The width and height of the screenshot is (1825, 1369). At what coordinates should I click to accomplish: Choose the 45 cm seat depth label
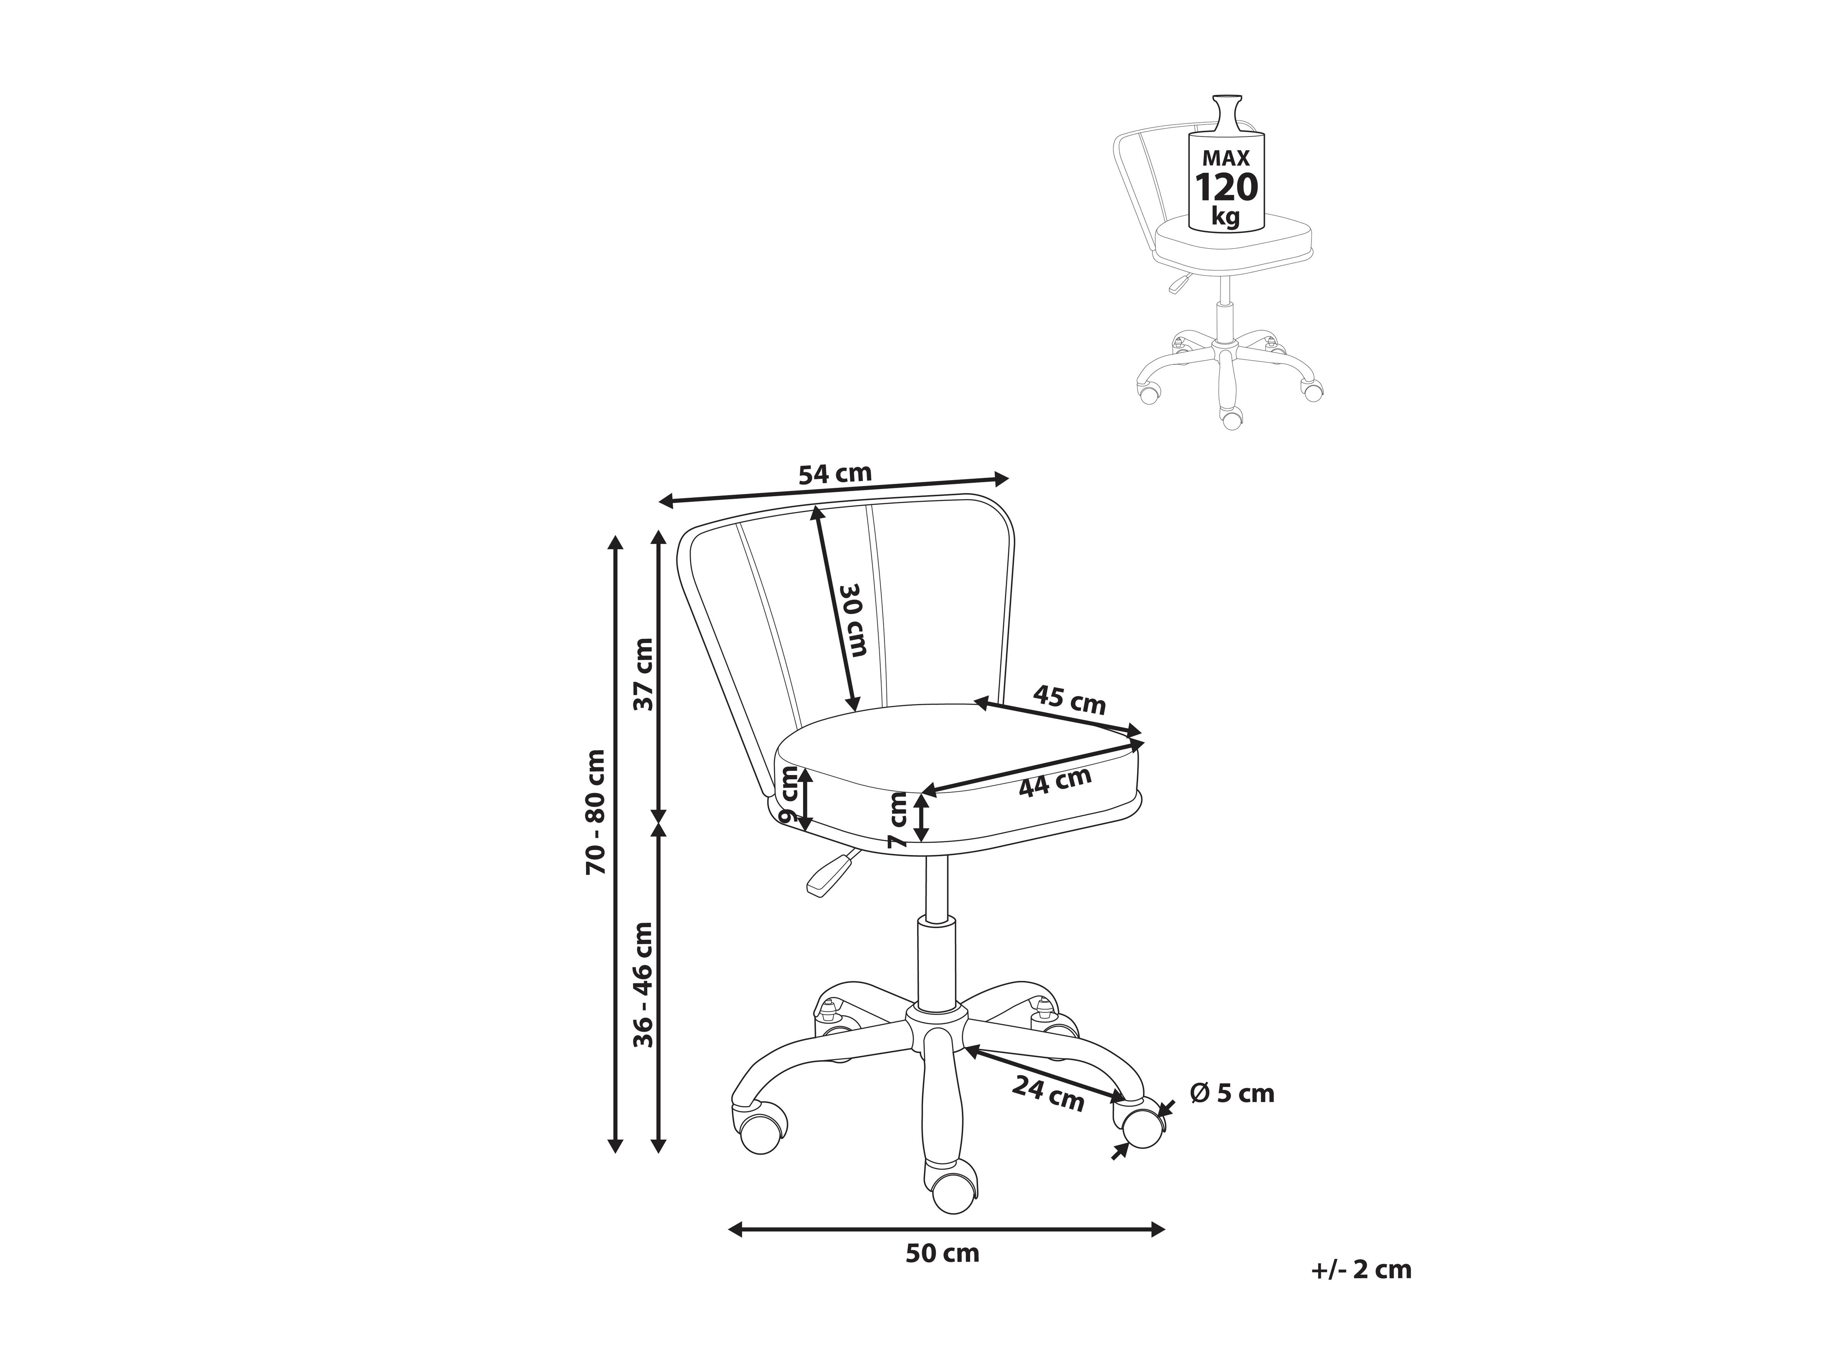pyautogui.click(x=1069, y=700)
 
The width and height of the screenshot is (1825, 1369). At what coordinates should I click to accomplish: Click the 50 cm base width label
pyautogui.click(x=942, y=1277)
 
